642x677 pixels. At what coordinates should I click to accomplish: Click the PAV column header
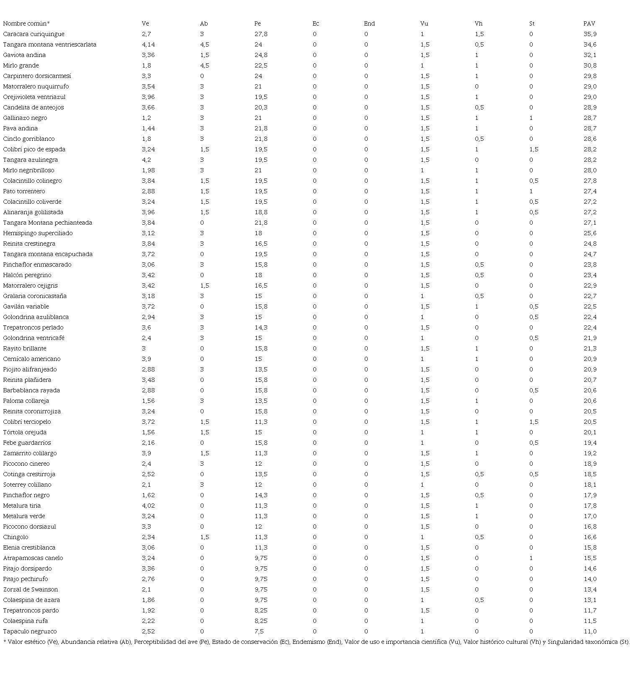click(589, 24)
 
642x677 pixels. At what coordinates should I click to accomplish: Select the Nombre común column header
click(26, 24)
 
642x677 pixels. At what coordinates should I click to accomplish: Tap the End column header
click(369, 24)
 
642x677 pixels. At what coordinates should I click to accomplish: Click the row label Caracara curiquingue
click(34, 34)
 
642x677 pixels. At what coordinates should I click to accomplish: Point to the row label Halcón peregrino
click(27, 275)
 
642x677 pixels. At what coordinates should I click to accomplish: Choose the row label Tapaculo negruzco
click(30, 632)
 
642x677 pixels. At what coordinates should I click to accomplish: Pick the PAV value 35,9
click(590, 34)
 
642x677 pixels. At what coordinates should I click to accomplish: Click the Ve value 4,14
click(148, 45)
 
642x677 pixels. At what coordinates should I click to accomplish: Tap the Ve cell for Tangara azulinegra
click(146, 160)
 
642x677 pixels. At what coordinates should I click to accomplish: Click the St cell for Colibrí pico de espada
click(534, 150)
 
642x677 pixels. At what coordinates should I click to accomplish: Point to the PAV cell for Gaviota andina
click(590, 55)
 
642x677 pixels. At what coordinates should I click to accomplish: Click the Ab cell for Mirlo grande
click(204, 66)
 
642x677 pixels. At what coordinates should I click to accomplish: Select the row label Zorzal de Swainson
click(31, 590)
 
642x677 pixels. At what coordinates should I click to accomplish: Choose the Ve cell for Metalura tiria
click(148, 506)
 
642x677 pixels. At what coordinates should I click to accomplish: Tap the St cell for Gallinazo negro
click(531, 118)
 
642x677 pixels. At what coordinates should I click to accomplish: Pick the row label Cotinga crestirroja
click(29, 475)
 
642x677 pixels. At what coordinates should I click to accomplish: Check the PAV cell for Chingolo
click(590, 537)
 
